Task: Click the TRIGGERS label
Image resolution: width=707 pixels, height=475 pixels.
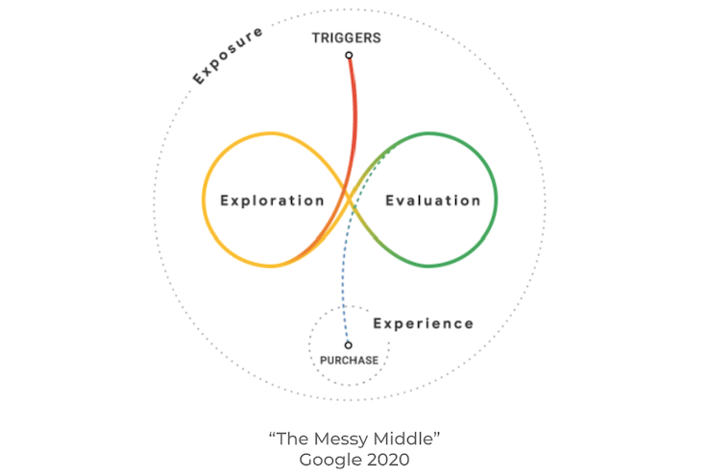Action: pyautogui.click(x=346, y=37)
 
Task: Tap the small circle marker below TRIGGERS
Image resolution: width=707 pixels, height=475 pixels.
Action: pyautogui.click(x=349, y=55)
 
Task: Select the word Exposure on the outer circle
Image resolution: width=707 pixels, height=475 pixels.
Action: pyautogui.click(x=228, y=56)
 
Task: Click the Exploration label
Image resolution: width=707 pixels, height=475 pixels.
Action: pyautogui.click(x=273, y=201)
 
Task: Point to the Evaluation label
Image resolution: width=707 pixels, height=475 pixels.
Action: pyautogui.click(x=433, y=201)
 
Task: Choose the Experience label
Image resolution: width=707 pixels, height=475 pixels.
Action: pyautogui.click(x=424, y=323)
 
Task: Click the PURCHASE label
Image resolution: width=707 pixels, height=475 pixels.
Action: pyautogui.click(x=349, y=360)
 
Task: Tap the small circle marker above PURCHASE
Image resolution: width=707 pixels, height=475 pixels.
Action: pyautogui.click(x=348, y=345)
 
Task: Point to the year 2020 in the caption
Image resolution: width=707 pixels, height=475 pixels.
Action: pyautogui.click(x=388, y=461)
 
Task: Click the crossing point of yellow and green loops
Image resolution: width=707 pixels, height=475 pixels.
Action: pyautogui.click(x=350, y=200)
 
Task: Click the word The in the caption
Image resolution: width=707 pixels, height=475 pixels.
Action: pyautogui.click(x=293, y=439)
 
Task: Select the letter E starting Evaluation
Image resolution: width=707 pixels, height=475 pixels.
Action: pyautogui.click(x=390, y=201)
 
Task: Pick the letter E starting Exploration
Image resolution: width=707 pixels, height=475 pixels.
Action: pyautogui.click(x=225, y=201)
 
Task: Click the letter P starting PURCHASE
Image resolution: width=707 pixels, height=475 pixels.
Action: pyautogui.click(x=324, y=360)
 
